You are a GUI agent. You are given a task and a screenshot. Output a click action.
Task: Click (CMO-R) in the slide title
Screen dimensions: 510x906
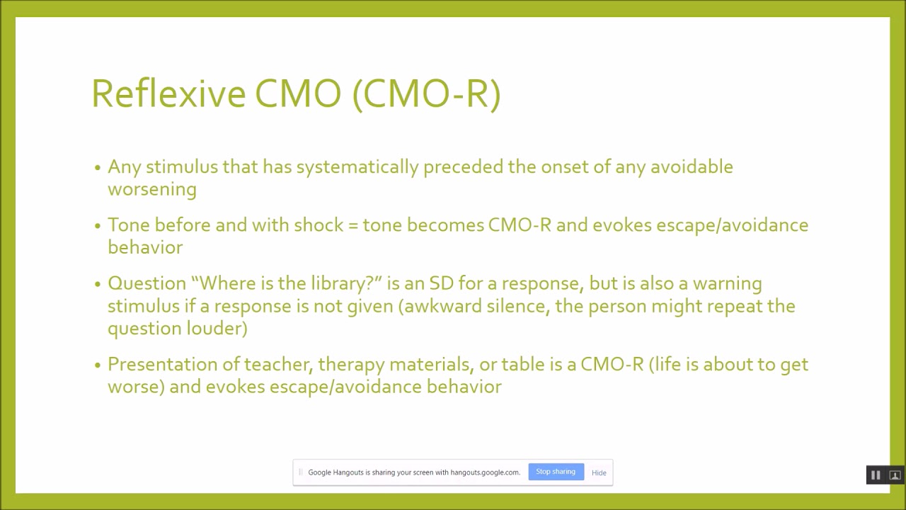pyautogui.click(x=426, y=93)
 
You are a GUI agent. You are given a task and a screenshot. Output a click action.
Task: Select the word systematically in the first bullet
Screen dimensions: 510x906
pyautogui.click(x=357, y=167)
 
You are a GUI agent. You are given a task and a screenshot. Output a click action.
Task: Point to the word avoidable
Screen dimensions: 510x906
pyautogui.click(x=692, y=167)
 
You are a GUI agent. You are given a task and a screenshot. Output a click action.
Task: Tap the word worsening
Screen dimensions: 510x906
pyautogui.click(x=151, y=190)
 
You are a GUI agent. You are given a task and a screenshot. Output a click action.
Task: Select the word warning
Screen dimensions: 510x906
pyautogui.click(x=727, y=283)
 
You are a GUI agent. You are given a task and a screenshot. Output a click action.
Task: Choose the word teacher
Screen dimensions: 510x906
pyautogui.click(x=279, y=364)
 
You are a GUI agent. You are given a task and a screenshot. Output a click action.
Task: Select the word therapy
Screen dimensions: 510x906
pyautogui.click(x=351, y=364)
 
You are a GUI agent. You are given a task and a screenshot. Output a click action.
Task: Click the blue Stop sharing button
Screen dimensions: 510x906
pyautogui.click(x=556, y=472)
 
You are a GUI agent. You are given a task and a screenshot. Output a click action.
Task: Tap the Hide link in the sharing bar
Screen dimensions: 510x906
pyautogui.click(x=599, y=472)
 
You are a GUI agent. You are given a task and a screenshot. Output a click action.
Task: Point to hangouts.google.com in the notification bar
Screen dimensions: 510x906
pyautogui.click(x=486, y=472)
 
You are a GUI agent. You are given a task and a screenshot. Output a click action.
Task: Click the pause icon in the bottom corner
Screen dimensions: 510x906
pyautogui.click(x=876, y=475)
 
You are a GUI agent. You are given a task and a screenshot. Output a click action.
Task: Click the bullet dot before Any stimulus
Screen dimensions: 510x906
pyautogui.click(x=98, y=169)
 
